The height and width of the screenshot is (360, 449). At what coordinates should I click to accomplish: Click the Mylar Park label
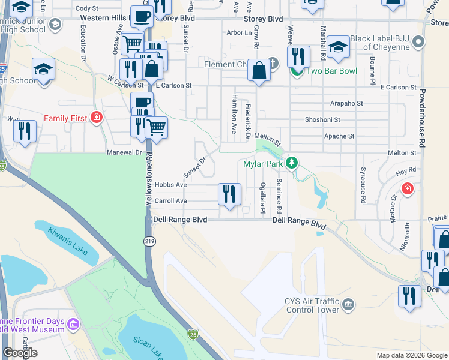click(263, 163)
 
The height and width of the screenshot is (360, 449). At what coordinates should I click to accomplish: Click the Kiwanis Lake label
click(68, 239)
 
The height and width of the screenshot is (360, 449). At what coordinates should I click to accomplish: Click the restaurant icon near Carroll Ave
click(229, 194)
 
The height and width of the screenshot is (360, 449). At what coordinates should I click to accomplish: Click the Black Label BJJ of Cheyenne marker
click(418, 43)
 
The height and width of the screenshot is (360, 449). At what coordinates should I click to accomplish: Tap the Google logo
click(20, 353)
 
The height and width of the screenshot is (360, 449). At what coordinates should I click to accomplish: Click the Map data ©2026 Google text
click(412, 355)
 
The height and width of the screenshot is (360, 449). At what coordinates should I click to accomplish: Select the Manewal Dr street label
click(124, 152)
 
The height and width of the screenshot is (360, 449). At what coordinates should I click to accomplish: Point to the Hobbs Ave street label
click(170, 185)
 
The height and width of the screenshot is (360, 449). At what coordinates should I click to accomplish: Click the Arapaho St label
click(343, 103)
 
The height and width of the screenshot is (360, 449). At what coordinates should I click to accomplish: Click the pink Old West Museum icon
click(73, 325)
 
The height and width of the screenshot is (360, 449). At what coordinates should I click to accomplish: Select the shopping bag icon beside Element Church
click(259, 70)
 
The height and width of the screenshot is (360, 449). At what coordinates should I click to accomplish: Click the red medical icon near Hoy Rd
click(408, 189)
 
